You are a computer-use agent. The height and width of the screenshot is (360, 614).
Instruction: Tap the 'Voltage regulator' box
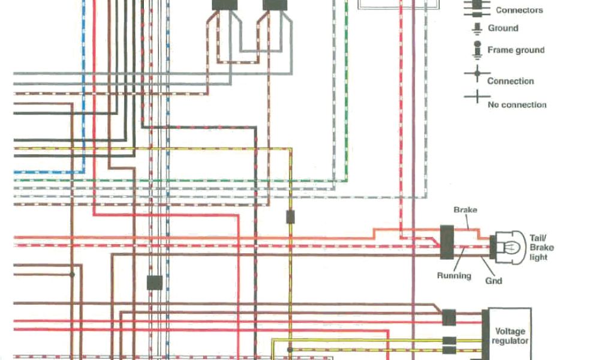tap(510, 335)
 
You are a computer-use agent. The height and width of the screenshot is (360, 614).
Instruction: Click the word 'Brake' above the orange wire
tap(465, 210)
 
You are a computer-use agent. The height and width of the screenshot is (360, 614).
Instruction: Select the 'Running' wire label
tap(453, 276)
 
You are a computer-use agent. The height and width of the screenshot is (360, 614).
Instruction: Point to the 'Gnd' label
tap(494, 280)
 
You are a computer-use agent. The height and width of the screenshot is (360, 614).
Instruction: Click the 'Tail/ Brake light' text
tap(541, 247)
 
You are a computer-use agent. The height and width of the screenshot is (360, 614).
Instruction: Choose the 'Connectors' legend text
tap(519, 10)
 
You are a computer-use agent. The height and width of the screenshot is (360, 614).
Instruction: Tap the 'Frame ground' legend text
tap(516, 50)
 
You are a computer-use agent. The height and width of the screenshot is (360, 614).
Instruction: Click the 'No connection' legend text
tap(517, 104)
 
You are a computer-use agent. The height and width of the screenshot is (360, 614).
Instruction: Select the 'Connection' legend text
tap(510, 81)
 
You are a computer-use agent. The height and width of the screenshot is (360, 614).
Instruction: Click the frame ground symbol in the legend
tap(477, 50)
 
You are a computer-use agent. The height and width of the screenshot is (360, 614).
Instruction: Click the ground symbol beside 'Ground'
tap(477, 28)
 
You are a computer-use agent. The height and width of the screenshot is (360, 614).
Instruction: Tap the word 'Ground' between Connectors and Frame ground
tap(503, 28)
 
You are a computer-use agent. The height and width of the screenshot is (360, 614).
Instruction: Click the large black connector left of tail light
tap(446, 242)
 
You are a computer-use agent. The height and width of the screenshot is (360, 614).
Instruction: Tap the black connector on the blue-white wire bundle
tap(155, 282)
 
